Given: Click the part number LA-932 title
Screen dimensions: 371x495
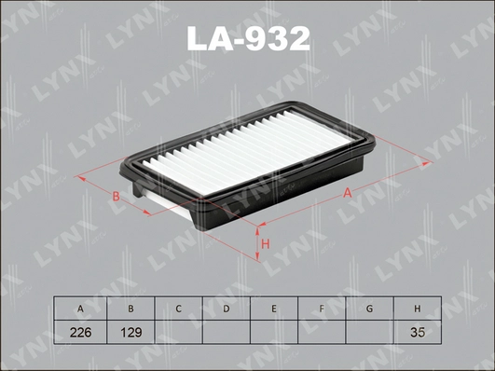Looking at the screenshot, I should [248, 39].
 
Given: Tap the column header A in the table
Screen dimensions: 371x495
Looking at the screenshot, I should [82, 308].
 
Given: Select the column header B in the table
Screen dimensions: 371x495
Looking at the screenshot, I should [131, 308].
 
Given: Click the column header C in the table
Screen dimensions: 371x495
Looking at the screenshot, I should [178, 308].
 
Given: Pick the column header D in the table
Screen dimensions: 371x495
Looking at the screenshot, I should [226, 308].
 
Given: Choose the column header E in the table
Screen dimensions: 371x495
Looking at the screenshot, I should [273, 308].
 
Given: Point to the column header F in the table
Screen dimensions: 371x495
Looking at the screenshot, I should [322, 308].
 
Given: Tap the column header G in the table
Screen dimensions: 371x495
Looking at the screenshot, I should [369, 308].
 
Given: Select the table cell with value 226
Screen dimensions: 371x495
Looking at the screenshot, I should [82, 331].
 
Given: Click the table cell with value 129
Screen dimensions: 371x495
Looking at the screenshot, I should [131, 331].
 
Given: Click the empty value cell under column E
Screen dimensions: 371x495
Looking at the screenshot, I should [273, 331].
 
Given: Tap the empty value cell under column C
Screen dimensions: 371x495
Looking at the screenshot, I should [178, 331].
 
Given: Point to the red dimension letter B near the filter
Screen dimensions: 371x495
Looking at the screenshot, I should [115, 196].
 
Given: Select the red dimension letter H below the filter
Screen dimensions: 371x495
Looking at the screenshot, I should [266, 243].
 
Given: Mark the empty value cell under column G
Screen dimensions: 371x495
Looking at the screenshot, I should [369, 331].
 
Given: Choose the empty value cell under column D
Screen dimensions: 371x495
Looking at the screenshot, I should [226, 331].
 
